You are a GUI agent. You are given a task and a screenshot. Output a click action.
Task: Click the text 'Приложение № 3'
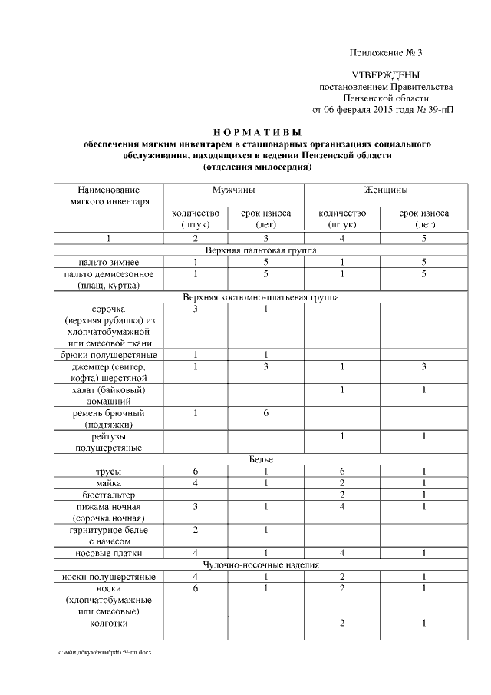[x=386, y=53]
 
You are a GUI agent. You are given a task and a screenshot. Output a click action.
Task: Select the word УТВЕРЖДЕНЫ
[x=386, y=76]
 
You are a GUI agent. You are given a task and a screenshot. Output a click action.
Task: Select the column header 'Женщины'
[x=385, y=190]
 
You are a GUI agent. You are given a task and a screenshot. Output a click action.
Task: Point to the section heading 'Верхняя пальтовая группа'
[x=262, y=250]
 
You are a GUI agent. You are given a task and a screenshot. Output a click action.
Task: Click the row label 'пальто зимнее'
[x=109, y=263]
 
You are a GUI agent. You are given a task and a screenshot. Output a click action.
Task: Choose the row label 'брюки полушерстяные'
[x=109, y=355]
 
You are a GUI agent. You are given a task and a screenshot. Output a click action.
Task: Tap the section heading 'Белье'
[x=262, y=458]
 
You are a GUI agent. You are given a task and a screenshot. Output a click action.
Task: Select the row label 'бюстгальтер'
[x=109, y=495]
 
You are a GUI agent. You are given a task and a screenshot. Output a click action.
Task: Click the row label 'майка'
[x=109, y=482]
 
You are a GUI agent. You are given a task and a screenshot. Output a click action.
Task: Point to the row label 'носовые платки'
[x=109, y=553]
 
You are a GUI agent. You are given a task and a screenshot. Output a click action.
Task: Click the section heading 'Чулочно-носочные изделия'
[x=262, y=564]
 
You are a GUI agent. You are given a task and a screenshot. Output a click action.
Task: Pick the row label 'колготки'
[x=109, y=623]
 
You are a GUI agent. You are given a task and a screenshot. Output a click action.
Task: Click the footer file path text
[x=99, y=651]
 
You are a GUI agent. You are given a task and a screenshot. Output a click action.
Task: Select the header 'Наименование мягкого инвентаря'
[x=109, y=195]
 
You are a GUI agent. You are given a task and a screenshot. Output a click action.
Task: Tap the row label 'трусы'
[x=109, y=471]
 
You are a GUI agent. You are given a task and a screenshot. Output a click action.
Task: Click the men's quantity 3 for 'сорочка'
[x=196, y=309]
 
